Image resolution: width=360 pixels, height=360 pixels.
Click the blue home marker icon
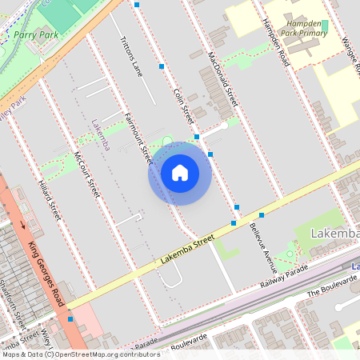180,173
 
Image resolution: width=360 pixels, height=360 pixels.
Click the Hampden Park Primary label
302,30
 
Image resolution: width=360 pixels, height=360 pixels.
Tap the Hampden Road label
274,42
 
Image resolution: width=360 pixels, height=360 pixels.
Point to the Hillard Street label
50,199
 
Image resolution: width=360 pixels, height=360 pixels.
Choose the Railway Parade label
284,279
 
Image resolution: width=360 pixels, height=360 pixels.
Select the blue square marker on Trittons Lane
162,66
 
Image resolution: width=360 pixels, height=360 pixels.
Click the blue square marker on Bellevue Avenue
262,215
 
